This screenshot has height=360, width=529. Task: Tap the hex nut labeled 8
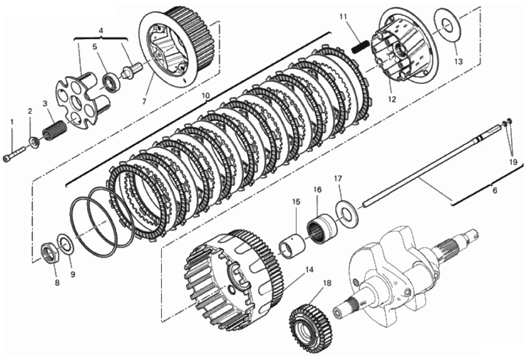tap(50, 254)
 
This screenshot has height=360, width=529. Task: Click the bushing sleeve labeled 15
tap(292, 245)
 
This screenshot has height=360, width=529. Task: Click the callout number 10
tap(206, 96)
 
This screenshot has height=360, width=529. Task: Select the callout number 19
tap(513, 162)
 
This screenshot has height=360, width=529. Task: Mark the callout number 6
tap(495, 191)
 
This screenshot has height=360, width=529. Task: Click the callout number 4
tap(101, 31)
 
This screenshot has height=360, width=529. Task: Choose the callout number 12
tap(392, 100)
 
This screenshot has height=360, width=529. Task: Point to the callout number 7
tap(144, 102)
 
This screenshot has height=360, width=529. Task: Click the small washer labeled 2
tap(34, 141)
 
